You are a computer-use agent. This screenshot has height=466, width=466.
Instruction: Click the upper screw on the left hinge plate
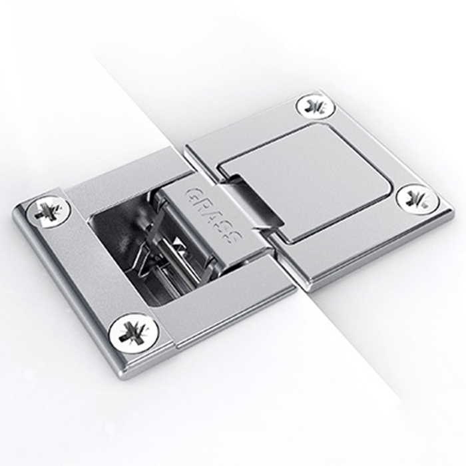(49, 211)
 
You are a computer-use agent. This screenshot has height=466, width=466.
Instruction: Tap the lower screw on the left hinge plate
(133, 334)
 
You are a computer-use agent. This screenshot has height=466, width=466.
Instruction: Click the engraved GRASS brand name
(214, 216)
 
